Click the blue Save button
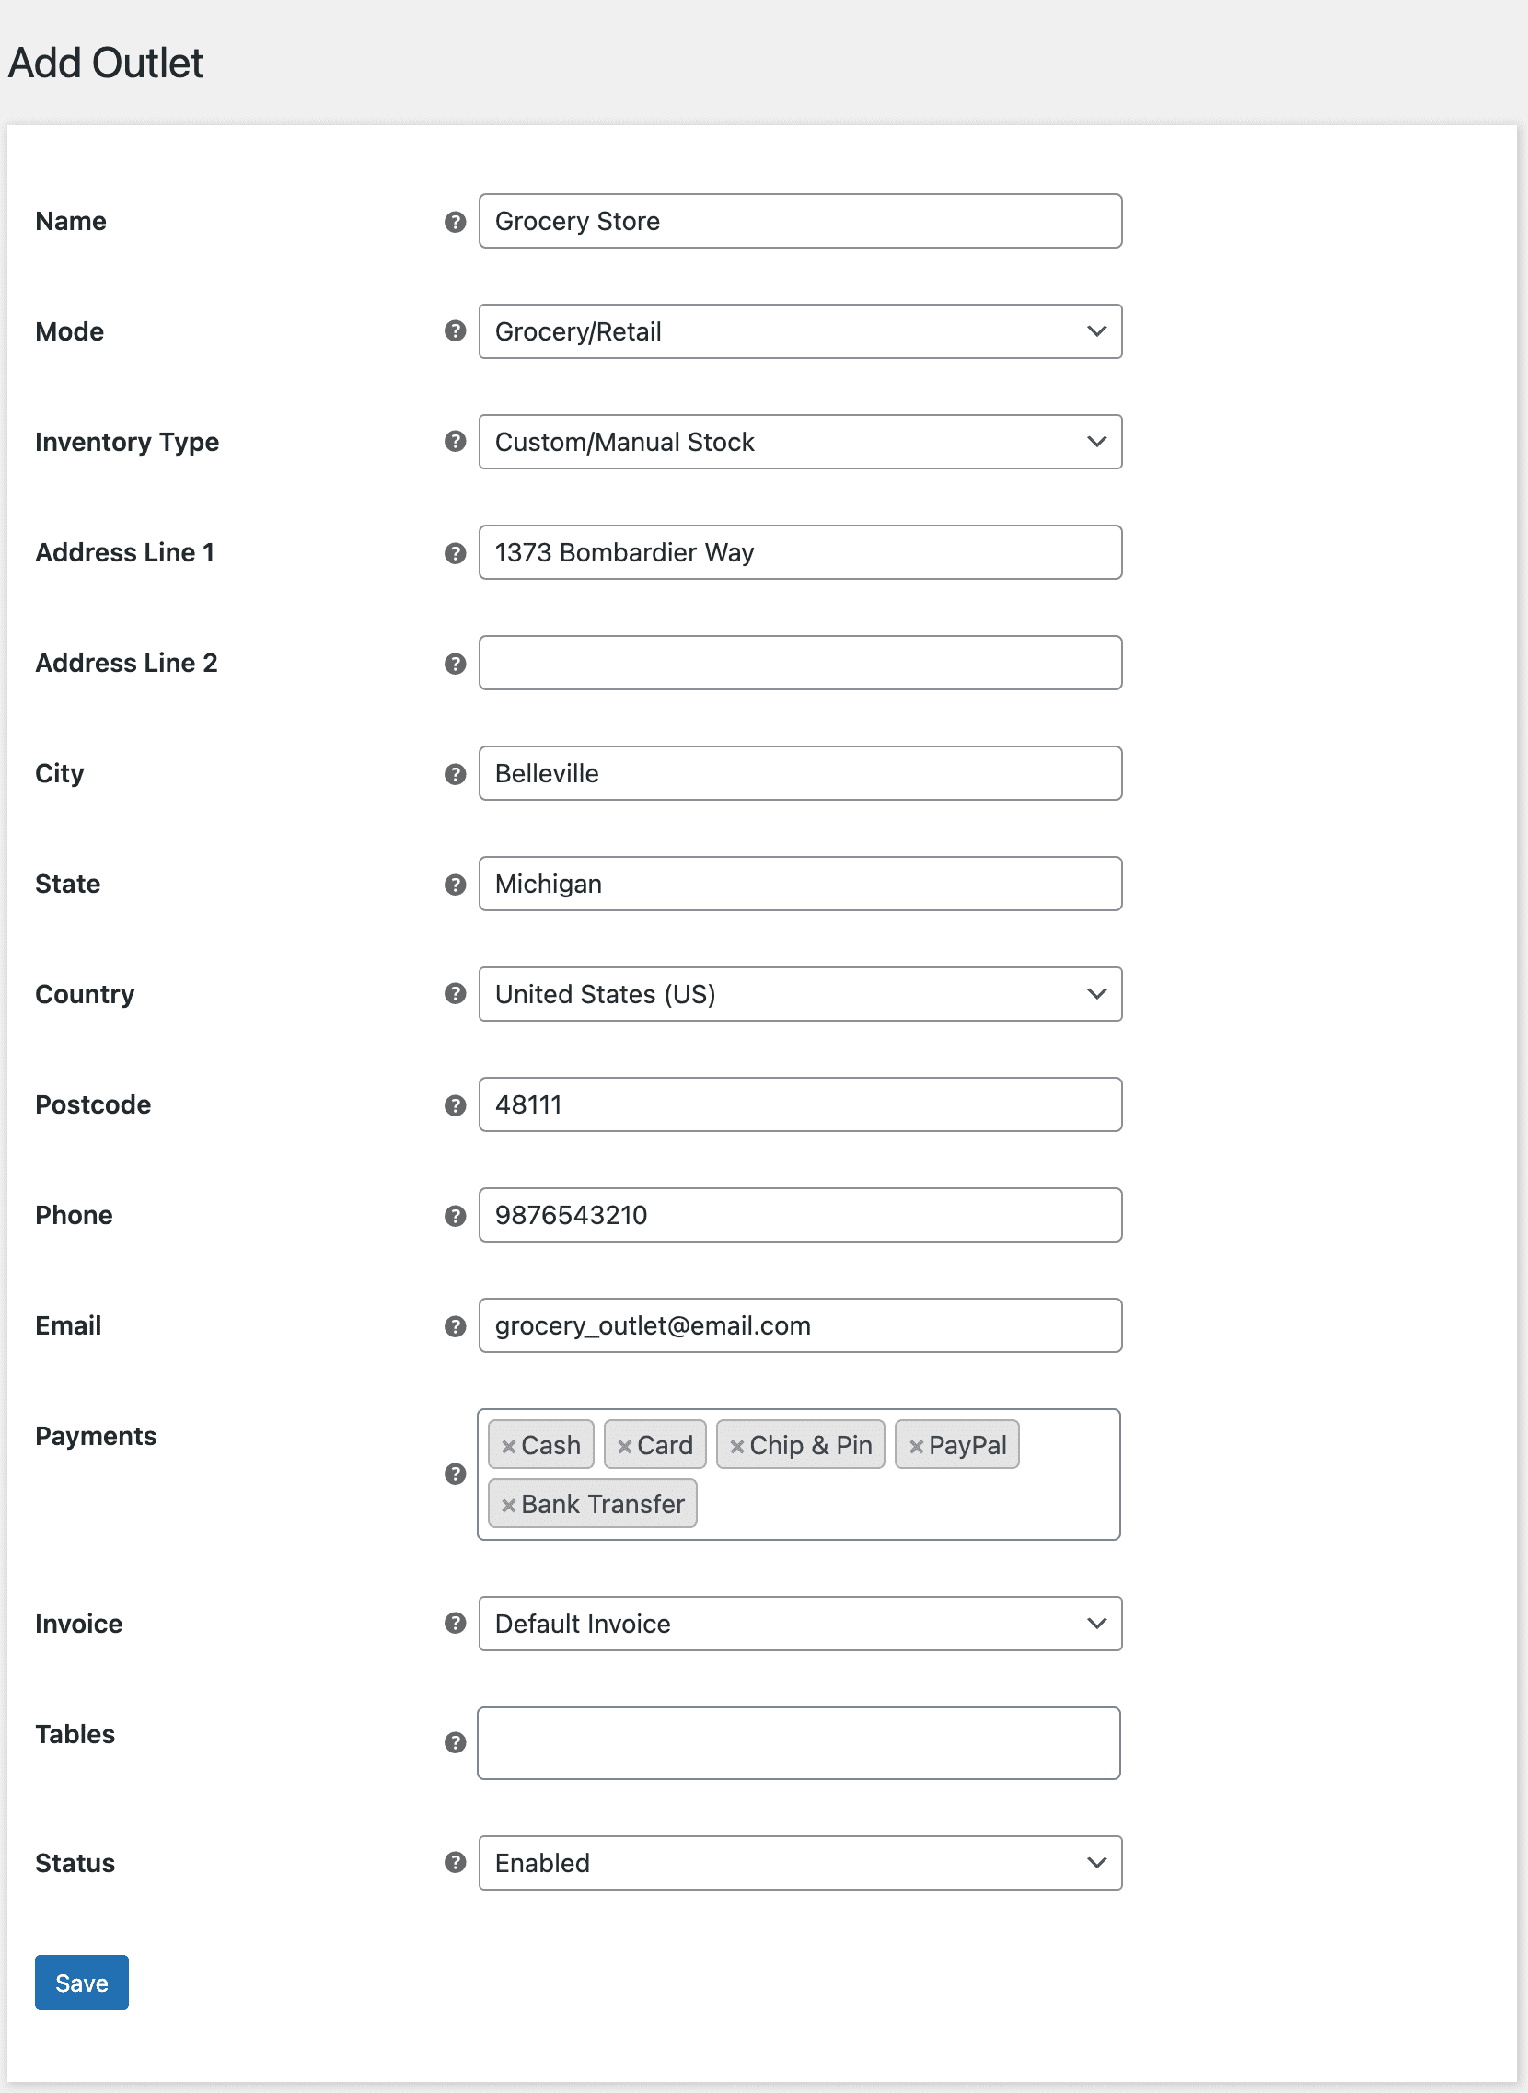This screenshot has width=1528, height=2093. (x=81, y=1982)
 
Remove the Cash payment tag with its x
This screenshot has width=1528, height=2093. (x=508, y=1447)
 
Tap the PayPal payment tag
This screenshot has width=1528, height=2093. (x=967, y=1445)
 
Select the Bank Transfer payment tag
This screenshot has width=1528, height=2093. (x=602, y=1504)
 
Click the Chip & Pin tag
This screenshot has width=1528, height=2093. (x=810, y=1445)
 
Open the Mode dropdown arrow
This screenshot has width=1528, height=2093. (x=1096, y=331)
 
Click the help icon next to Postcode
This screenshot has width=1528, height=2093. (x=454, y=1105)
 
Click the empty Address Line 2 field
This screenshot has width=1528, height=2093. (x=800, y=662)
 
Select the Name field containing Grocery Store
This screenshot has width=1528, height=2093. (x=800, y=221)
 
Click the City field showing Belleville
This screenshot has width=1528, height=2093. (x=800, y=773)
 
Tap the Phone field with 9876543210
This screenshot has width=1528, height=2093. (x=800, y=1214)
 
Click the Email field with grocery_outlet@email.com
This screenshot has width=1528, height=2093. (x=800, y=1325)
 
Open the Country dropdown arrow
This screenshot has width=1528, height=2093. (x=1096, y=994)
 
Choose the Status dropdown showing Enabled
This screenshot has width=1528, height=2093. (x=800, y=1863)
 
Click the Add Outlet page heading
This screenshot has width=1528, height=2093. (x=106, y=63)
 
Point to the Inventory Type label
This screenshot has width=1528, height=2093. (x=127, y=442)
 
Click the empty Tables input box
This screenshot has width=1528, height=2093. (x=798, y=1742)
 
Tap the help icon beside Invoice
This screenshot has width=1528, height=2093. (x=454, y=1624)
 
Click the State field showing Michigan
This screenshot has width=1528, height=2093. (x=800, y=884)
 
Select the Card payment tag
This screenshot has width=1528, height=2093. (x=664, y=1445)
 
